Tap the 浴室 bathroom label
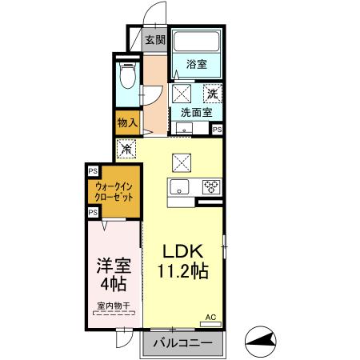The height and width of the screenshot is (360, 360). [x=197, y=64]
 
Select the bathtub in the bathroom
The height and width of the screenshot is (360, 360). [x=198, y=42]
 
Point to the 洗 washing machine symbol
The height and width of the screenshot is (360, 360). [x=213, y=93]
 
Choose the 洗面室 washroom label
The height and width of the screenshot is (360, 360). [x=195, y=112]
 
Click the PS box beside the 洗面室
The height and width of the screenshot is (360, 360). [x=217, y=128]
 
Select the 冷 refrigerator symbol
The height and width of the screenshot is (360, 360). [x=126, y=148]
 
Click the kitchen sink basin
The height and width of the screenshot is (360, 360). [x=178, y=187]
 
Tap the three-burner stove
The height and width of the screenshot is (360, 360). [x=211, y=187]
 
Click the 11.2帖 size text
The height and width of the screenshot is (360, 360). [x=186, y=272]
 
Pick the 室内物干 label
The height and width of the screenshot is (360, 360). [x=114, y=304]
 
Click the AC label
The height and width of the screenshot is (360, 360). [x=211, y=318]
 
